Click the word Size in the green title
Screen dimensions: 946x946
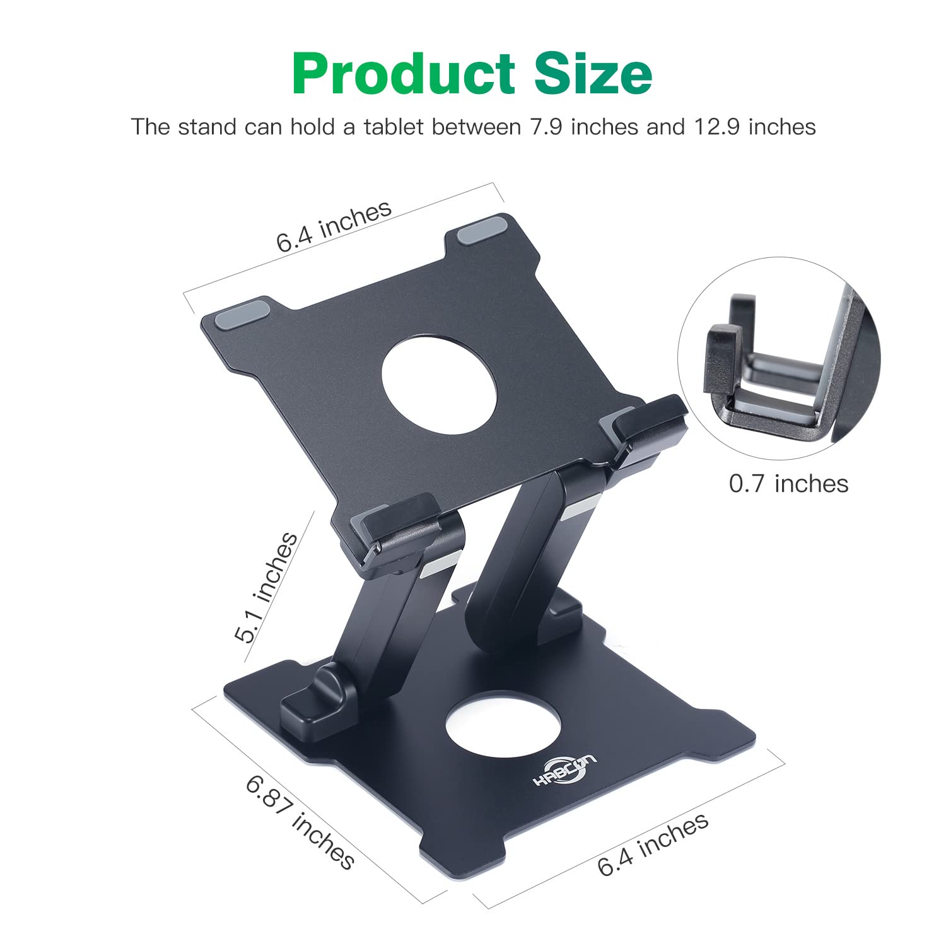[593, 74]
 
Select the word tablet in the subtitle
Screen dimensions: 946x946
[393, 127]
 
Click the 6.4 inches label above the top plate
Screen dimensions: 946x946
[334, 227]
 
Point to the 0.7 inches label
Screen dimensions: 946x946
[788, 484]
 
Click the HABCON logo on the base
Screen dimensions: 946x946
[564, 770]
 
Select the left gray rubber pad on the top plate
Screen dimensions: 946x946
[242, 313]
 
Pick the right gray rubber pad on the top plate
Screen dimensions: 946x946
[482, 231]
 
